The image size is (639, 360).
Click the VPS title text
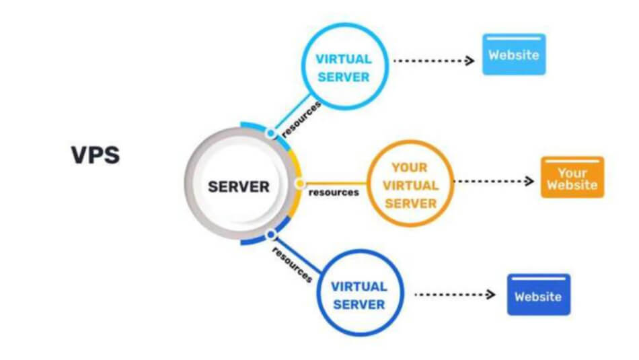click(x=95, y=155)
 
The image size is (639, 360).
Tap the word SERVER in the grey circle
click(x=239, y=186)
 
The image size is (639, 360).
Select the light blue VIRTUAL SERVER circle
click(x=343, y=67)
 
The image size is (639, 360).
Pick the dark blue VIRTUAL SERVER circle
click(x=359, y=295)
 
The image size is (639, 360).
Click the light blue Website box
click(x=514, y=55)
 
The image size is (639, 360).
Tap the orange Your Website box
click(x=572, y=177)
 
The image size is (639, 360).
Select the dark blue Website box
click(x=538, y=295)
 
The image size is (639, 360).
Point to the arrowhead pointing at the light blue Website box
click(x=470, y=61)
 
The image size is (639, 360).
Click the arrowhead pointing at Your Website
click(x=529, y=181)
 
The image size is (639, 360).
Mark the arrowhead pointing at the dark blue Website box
click(x=491, y=295)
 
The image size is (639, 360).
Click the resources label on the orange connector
click(x=333, y=192)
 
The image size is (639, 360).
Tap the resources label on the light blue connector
click(x=301, y=119)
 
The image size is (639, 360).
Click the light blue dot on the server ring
click(x=270, y=133)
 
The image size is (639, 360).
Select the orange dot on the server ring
click(x=299, y=183)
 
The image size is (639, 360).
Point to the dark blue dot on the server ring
click(x=270, y=235)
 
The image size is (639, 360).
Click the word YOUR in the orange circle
click(x=410, y=168)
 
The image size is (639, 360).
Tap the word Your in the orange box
click(x=572, y=172)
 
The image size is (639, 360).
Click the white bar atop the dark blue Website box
click(x=538, y=279)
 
